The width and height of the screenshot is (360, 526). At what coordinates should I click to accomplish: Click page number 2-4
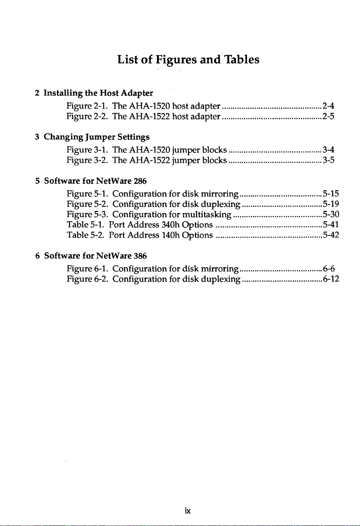pyautogui.click(x=328, y=106)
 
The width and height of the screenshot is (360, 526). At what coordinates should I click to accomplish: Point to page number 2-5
pyautogui.click(x=328, y=116)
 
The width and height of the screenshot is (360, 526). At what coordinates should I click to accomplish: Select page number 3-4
pyautogui.click(x=328, y=150)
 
